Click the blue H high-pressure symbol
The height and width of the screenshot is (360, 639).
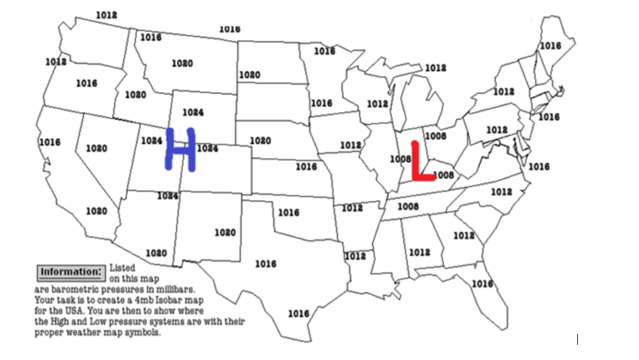(180, 149)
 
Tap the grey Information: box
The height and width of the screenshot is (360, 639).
(70, 272)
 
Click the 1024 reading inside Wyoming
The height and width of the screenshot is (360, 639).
(193, 112)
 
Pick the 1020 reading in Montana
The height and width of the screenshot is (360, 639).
(182, 63)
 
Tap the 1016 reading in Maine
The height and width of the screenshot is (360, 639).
(551, 46)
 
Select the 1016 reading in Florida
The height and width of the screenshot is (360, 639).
(482, 284)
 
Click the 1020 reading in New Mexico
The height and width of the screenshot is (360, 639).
(225, 233)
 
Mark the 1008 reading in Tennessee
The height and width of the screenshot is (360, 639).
(408, 206)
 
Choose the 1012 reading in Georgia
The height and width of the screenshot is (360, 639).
(464, 235)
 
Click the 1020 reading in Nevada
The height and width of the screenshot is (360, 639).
(96, 148)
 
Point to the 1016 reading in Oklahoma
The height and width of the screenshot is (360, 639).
(288, 212)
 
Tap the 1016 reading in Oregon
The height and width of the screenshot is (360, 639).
(87, 83)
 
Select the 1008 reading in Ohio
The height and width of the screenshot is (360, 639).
(435, 136)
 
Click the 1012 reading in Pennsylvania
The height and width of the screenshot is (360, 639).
(497, 130)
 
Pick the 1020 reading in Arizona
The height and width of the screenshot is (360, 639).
(156, 253)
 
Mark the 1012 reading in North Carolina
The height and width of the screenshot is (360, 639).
(501, 191)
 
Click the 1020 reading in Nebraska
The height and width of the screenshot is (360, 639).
(260, 141)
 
